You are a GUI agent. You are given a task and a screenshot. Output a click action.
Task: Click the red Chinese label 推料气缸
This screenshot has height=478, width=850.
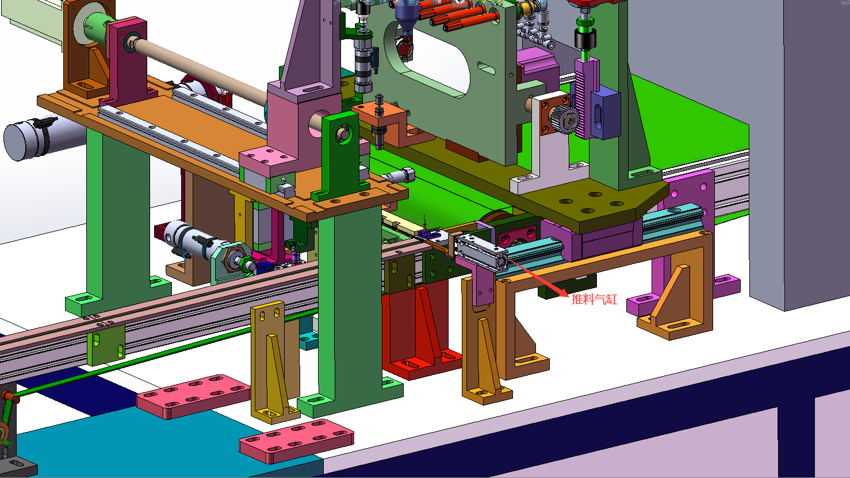coord(594,300)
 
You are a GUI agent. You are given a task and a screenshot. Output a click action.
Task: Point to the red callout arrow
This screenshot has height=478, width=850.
coord(538,277)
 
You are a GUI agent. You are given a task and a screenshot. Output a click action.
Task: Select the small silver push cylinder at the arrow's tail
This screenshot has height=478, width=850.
coord(482,252)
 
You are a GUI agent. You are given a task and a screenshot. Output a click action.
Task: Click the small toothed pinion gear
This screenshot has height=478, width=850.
coord(564,118)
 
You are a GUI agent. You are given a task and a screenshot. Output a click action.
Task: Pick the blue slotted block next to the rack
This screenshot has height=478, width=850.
coord(605,112)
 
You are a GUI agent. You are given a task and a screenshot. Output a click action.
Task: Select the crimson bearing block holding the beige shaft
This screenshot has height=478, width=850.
coord(127,63)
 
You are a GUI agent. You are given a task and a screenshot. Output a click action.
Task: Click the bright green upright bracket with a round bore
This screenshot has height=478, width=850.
coord(341,156)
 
